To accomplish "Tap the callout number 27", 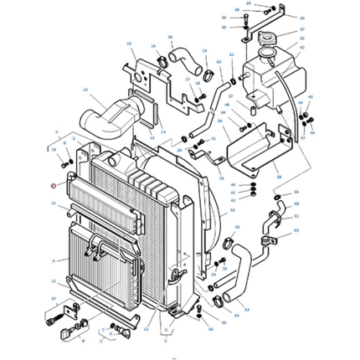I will click(303, 29).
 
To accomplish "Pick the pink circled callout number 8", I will click(53, 188).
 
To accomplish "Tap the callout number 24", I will click(303, 17).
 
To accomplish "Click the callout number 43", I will click(231, 199).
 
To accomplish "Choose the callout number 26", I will click(224, 17).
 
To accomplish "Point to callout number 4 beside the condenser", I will click(53, 260).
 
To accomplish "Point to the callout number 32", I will click(219, 62).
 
